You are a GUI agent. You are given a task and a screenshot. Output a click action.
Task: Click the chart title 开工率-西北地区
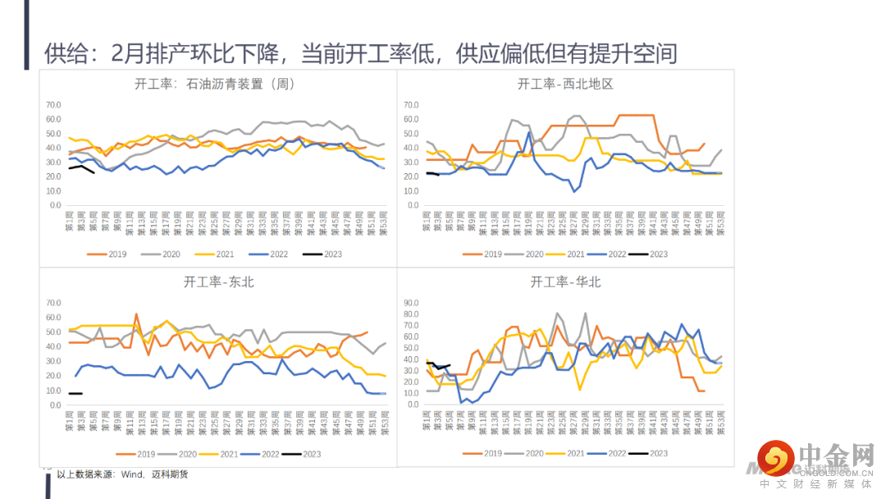(566, 84)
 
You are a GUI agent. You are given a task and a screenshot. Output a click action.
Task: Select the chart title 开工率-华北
(566, 282)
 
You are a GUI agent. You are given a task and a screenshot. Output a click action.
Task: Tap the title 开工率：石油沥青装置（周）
(215, 84)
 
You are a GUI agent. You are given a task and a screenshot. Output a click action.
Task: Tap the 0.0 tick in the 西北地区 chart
(413, 205)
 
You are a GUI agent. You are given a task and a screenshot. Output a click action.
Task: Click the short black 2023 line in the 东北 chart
(75, 394)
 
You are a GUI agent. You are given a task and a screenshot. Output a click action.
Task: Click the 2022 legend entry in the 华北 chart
(607, 453)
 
